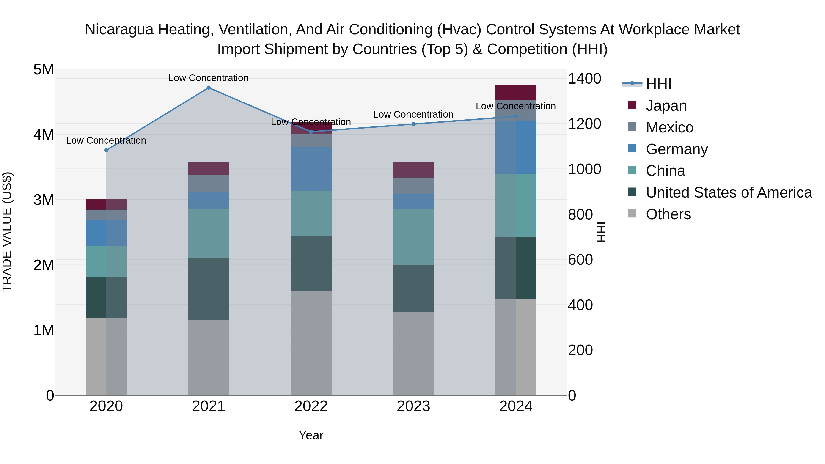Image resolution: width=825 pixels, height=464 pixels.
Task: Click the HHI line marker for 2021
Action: coord(209,88)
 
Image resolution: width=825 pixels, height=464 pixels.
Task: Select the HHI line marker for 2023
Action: coord(413,124)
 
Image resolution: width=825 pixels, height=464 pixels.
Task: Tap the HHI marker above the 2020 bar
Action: coord(106,150)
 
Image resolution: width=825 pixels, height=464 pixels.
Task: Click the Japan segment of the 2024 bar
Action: coord(516,93)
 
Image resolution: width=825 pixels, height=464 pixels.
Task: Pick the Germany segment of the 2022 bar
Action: coord(311,169)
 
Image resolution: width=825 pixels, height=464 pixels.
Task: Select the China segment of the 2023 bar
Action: coord(413,237)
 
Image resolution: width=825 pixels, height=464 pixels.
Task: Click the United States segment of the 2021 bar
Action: coord(209,288)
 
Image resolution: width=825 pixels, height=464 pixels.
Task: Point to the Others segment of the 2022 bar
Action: coord(311,343)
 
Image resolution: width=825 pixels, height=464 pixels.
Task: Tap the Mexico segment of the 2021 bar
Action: coord(209,184)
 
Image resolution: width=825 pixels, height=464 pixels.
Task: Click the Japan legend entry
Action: coord(666,106)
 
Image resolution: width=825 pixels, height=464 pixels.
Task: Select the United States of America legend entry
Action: coord(729,192)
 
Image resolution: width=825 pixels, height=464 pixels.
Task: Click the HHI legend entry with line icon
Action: coord(658,84)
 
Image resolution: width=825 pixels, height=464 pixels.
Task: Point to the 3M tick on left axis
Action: coord(44,200)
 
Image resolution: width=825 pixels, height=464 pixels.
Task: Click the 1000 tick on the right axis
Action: coord(584,169)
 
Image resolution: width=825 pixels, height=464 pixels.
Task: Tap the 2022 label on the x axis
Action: coord(311,406)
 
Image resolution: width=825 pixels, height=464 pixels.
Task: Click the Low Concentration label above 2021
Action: coord(209,78)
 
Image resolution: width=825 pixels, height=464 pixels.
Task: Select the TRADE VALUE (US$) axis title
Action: coord(7,232)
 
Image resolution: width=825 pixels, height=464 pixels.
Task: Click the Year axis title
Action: coord(311,435)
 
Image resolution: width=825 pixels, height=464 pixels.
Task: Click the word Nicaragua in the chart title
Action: coord(119,30)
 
